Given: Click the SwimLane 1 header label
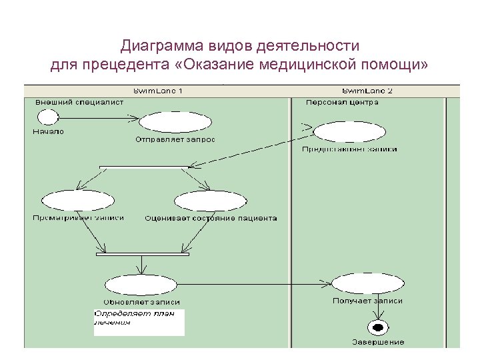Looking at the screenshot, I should tap(158, 91).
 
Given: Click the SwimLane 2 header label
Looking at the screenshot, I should tap(367, 91).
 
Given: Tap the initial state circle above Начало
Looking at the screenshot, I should tap(47, 117).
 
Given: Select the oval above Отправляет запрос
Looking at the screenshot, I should tap(175, 122).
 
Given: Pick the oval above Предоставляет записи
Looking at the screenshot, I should tap(349, 131).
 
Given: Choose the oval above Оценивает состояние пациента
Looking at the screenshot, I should tap(211, 201).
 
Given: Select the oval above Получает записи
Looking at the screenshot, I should tap(367, 283).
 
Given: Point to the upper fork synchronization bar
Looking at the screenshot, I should tap(144, 167).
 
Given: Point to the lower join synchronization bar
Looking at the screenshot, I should tap(143, 254).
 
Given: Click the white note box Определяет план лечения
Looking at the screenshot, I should tap(139, 322).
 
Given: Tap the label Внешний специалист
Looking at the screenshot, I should tap(71, 103).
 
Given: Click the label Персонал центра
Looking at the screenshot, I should tap(342, 103).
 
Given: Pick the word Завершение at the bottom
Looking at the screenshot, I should tap(378, 342).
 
